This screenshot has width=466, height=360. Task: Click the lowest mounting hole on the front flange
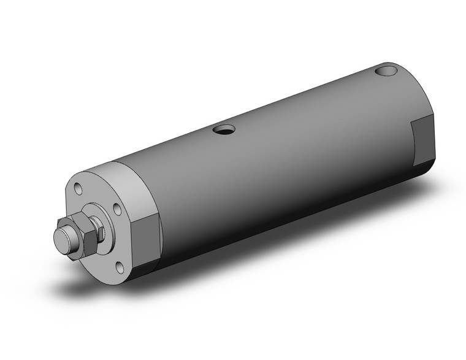coord(120,267)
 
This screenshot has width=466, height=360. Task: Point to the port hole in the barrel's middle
coord(224,129)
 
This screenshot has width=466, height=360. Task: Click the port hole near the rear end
coord(388,72)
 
